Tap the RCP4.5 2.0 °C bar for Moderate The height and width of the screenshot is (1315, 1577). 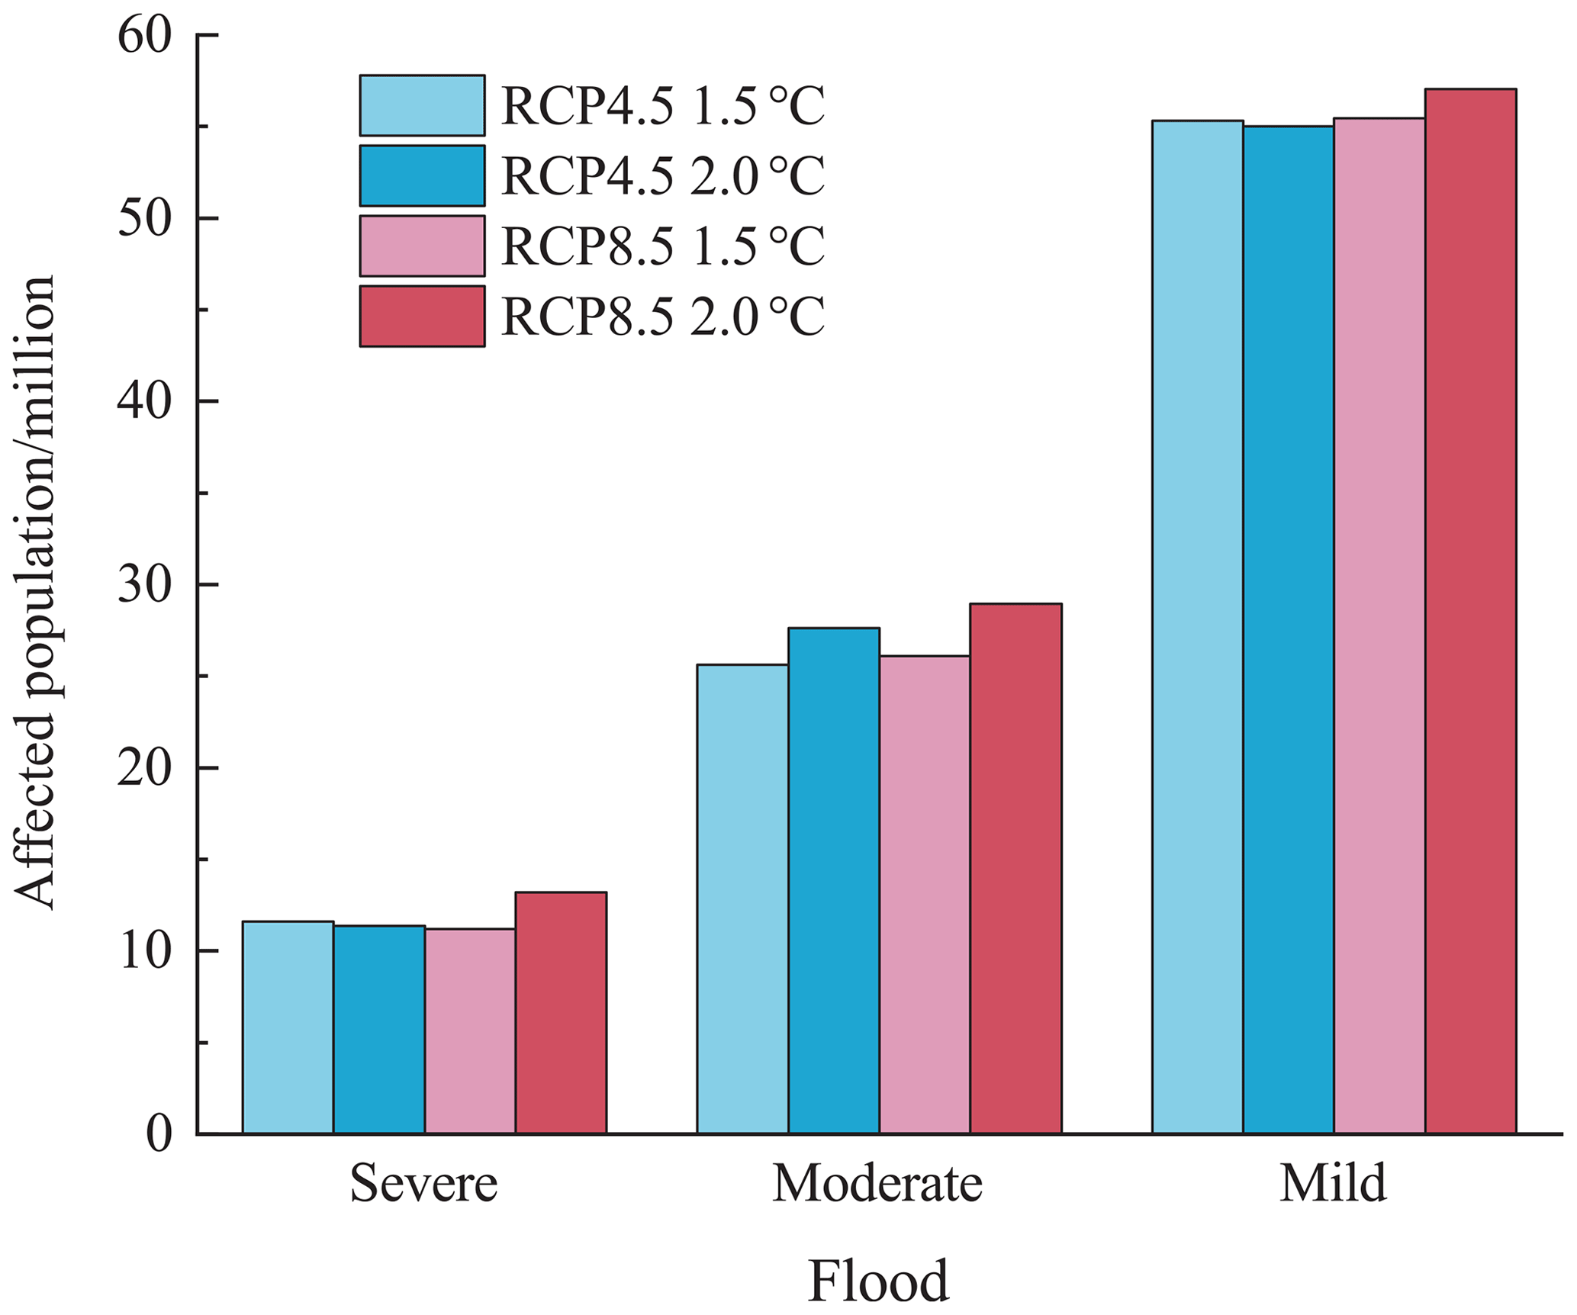tap(833, 880)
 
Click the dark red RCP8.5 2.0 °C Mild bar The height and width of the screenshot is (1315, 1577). tap(1470, 610)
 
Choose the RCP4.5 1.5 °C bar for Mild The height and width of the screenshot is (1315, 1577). tap(1197, 626)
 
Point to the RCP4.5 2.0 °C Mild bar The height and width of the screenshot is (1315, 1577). tap(1288, 629)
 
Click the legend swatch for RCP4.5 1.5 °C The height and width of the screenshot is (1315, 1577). tap(422, 105)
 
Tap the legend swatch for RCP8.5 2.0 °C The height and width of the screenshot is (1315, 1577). tap(422, 317)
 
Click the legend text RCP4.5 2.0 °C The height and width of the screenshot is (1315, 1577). tap(662, 176)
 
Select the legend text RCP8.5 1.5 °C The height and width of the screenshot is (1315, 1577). tap(662, 246)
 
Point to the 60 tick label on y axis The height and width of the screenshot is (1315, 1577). tap(143, 37)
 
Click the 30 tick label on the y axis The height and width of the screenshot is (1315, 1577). tap(143, 585)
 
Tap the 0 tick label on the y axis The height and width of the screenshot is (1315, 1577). tap(158, 1135)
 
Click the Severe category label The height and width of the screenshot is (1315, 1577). tap(423, 1184)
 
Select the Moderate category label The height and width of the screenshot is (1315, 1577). tap(877, 1184)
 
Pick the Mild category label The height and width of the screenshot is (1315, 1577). tap(1332, 1184)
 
